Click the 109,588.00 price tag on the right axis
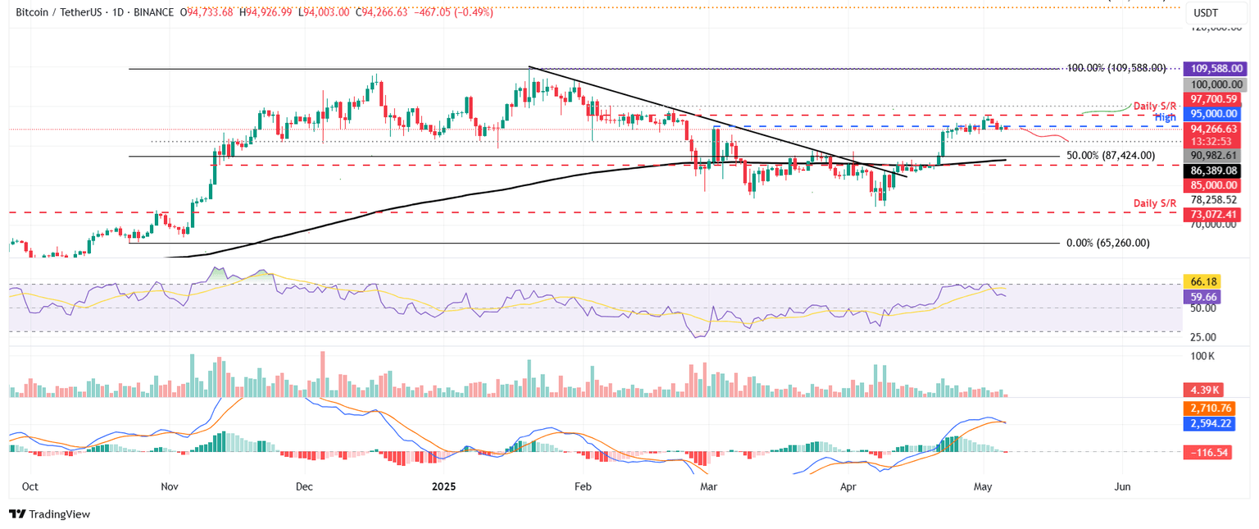pyautogui.click(x=1216, y=69)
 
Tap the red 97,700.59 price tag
pyautogui.click(x=1216, y=98)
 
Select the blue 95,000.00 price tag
pyautogui.click(x=1216, y=114)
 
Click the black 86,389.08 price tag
pyautogui.click(x=1216, y=171)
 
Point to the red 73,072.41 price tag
pyautogui.click(x=1216, y=215)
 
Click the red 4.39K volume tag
pyautogui.click(x=1206, y=390)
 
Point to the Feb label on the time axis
pyautogui.click(x=582, y=486)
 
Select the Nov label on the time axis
pyautogui.click(x=170, y=486)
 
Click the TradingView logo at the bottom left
pyautogui.click(x=50, y=514)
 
